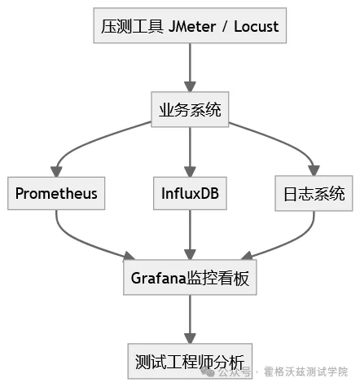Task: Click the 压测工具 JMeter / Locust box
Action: coord(190,26)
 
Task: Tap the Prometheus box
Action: coord(56,194)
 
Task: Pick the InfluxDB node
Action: coord(190,194)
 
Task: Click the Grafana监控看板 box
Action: coord(190,278)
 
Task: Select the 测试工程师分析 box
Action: coord(190,359)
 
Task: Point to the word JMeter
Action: coord(194,26)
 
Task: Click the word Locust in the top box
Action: coord(255,26)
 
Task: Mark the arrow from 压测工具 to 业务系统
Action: coord(190,68)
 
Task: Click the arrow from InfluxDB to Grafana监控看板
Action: coord(190,236)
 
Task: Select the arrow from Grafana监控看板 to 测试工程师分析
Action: coord(190,319)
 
